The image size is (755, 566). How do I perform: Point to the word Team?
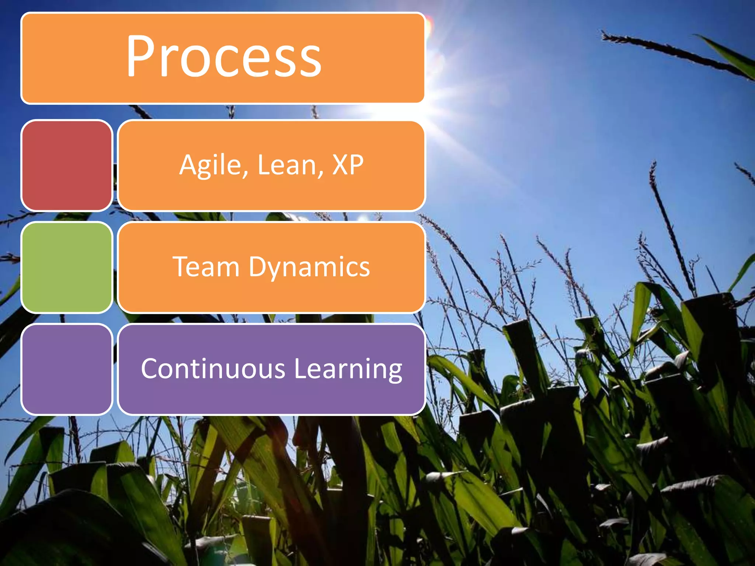(206, 266)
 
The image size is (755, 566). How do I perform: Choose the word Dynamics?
(309, 267)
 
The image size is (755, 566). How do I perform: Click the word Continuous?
(213, 368)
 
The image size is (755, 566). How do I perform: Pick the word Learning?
(348, 369)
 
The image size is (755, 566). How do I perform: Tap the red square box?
(67, 165)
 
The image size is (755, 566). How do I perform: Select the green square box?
(67, 268)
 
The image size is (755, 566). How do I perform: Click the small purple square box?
(67, 369)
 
